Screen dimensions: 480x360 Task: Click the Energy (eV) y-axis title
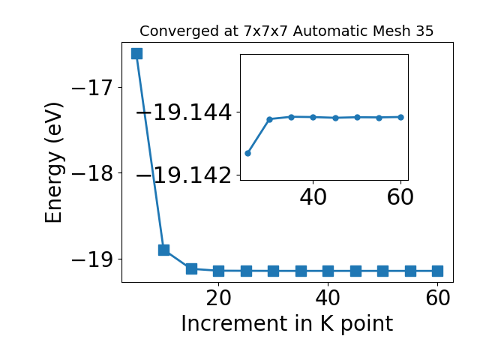coord(54,163)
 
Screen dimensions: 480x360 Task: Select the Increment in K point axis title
coord(286,324)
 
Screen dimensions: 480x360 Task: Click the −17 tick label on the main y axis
coord(92,88)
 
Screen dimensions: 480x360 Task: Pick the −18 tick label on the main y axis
coord(92,173)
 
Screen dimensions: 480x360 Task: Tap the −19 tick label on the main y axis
coord(92,259)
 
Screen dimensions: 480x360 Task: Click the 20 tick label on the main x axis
coord(218,298)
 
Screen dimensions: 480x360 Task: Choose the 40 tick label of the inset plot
coord(313,197)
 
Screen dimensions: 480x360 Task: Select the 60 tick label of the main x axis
coord(438,298)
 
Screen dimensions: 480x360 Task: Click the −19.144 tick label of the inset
coord(184,112)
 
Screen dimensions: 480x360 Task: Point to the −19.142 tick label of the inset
coord(184,175)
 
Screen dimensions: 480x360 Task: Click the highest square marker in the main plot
coord(136,53)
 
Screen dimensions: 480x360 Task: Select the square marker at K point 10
coord(163,250)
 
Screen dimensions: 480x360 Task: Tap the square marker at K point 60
coord(438,271)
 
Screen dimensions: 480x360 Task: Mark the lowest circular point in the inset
coord(248,153)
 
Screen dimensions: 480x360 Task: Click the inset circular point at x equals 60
coord(400,117)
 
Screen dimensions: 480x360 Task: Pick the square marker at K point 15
coord(191,268)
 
